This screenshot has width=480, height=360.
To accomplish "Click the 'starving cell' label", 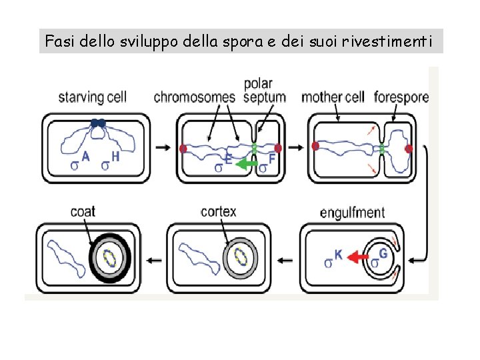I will pos(92,97).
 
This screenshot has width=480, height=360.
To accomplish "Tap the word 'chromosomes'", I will pos(195,97).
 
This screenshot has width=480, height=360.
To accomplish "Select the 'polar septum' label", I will pos(265,90).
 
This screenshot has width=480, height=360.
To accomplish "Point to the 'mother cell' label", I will pos(333,97).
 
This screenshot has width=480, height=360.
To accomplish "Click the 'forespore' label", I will pos(401,97).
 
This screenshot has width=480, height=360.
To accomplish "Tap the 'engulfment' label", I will pos(352,213).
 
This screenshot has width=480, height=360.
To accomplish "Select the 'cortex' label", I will pos(219,211).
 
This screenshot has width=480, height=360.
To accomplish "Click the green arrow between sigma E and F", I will pos(247,163).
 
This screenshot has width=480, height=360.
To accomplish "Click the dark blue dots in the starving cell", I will pos(98,123).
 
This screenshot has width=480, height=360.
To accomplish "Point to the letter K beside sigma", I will pos(338,254).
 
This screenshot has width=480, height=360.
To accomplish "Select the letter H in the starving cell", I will pos(115,157).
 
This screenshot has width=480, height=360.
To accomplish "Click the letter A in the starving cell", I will pos(85,157).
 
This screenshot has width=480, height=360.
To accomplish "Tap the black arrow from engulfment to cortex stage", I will pos(287,259).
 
